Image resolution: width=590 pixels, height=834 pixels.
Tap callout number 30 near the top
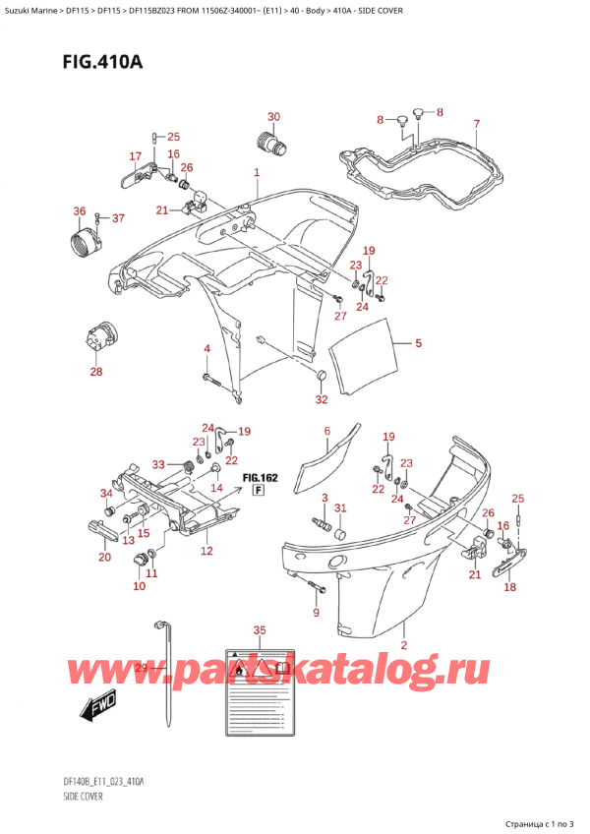click(273, 117)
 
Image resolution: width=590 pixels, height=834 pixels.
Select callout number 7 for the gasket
click(476, 124)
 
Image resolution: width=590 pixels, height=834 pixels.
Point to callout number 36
click(79, 210)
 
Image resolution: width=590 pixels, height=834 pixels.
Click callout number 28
click(95, 371)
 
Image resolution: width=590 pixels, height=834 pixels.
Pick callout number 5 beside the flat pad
click(418, 343)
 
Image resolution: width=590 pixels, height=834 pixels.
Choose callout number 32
click(321, 398)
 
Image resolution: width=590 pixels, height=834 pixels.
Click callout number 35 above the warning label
click(259, 629)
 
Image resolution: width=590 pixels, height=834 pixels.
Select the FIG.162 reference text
click(261, 478)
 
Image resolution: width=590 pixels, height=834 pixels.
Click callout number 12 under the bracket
click(206, 551)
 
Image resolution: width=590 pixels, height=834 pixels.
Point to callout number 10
click(139, 586)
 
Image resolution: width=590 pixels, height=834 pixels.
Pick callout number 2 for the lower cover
click(404, 645)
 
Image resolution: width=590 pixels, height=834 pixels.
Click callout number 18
click(509, 587)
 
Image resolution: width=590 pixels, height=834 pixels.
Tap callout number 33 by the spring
click(158, 464)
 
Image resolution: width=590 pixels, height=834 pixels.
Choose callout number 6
click(327, 431)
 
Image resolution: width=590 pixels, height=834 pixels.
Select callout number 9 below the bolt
click(316, 614)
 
